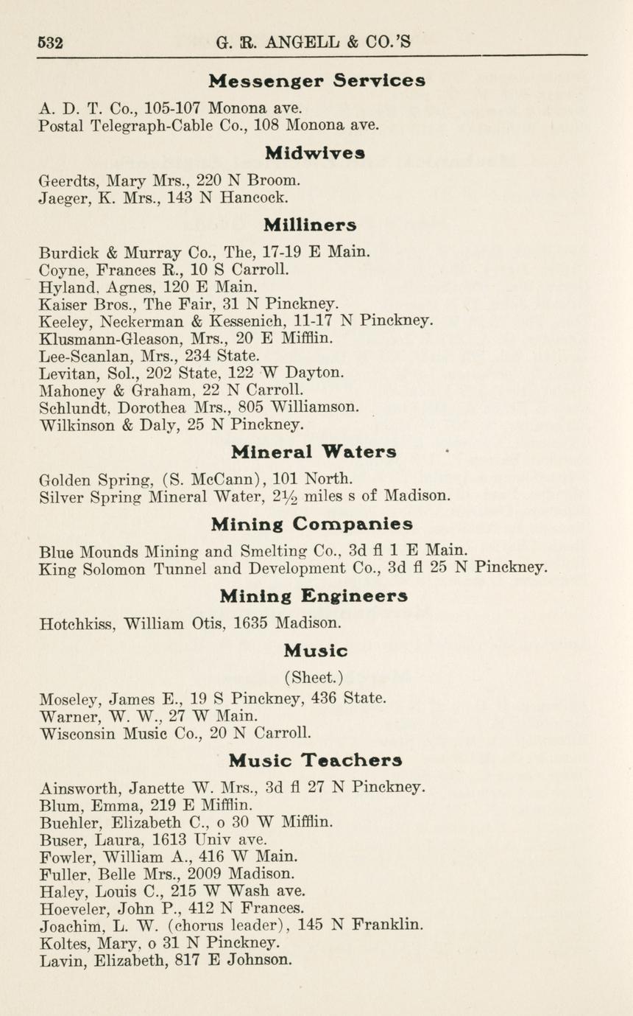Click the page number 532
(x=50, y=42)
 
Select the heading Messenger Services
(x=316, y=80)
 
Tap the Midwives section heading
(x=315, y=153)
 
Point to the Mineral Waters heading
(x=314, y=452)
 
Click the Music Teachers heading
(x=315, y=760)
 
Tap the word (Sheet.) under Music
(x=313, y=676)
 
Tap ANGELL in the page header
(x=297, y=42)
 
